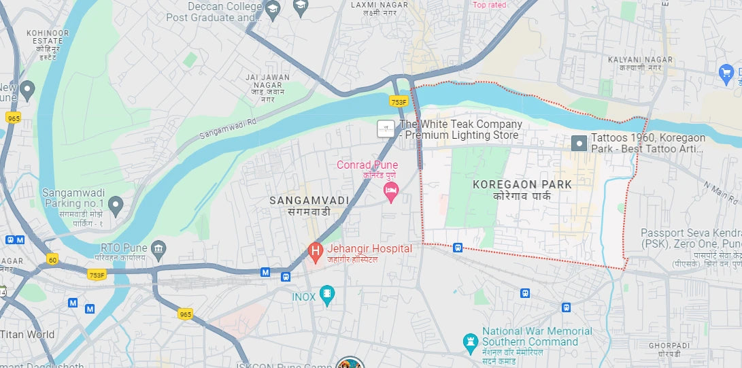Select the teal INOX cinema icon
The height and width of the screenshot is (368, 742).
328,296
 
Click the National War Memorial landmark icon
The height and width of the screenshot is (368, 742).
470,341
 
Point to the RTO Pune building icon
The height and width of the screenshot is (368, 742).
158,248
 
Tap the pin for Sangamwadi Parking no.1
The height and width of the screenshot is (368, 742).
116,203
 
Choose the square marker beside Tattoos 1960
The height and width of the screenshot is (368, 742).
579,143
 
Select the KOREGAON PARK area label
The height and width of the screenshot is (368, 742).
522,184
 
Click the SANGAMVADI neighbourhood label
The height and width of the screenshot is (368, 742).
309,201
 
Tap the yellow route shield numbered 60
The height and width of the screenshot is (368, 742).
52,259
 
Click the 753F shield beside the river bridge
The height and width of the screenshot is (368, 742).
399,102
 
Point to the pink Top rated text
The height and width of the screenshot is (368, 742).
490,5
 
